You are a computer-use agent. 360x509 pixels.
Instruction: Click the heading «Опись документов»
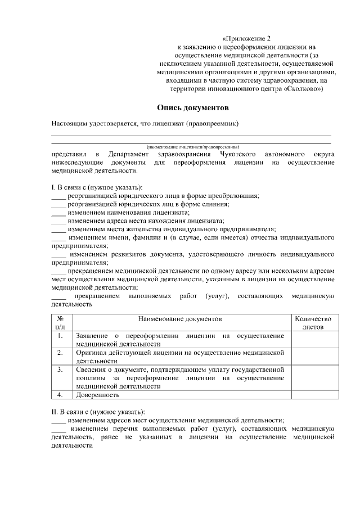pos(193,107)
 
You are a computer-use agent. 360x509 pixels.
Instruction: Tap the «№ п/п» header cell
pos(60,322)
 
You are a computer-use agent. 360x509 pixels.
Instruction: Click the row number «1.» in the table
pos(60,336)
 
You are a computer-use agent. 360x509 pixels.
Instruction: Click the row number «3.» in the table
pos(60,370)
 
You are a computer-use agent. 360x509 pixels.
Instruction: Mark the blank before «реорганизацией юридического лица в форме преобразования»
pos(58,196)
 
